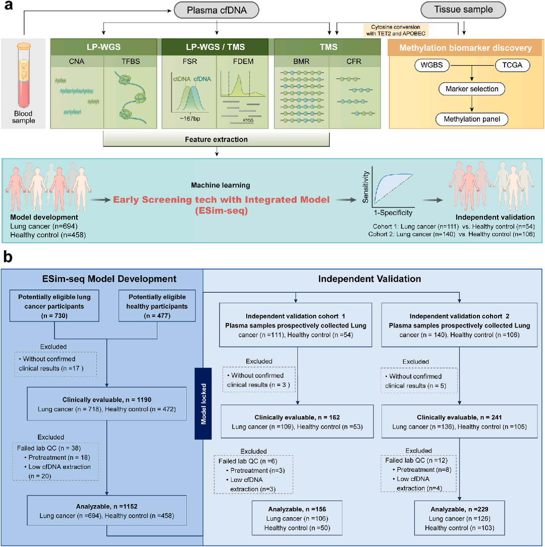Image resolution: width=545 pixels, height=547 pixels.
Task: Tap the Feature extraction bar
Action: coord(216,138)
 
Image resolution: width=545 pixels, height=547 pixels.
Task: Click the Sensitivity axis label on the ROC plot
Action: coord(367,186)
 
